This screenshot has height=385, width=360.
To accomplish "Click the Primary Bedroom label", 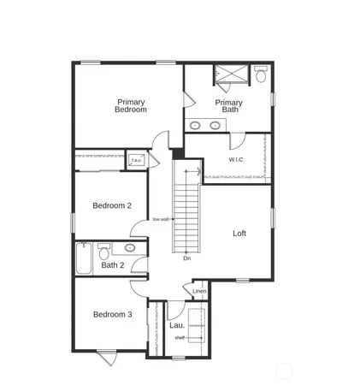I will point(132,105).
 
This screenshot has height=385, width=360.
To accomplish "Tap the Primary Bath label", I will point(228,106).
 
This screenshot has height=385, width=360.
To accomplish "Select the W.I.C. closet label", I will point(238,160).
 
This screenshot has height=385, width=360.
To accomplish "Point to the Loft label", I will point(239,233).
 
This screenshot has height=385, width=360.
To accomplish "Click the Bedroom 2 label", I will point(112,205).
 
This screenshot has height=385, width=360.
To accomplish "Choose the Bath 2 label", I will point(113,265).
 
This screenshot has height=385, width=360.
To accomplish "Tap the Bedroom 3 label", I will point(112,314).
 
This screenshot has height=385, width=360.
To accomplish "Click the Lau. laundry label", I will point(177,325).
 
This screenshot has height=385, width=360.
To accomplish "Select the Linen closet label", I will point(199,292).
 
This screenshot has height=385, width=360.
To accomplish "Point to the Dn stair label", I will point(186,258).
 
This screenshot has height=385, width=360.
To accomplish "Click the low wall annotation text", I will point(160,219).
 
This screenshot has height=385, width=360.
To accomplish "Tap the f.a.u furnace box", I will point(136,159).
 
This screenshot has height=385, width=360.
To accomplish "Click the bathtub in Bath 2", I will point(83,258).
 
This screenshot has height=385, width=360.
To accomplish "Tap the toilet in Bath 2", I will point(103,250).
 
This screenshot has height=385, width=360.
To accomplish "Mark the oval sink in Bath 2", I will point(130,248).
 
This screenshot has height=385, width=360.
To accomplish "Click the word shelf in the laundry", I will point(180,337).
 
